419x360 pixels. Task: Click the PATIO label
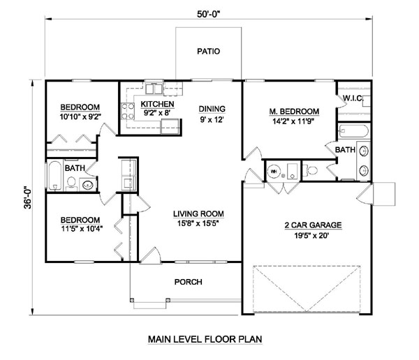click(x=209, y=51)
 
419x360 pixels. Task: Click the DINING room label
click(x=211, y=109)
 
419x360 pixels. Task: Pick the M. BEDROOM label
click(x=294, y=112)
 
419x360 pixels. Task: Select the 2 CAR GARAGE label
click(x=312, y=225)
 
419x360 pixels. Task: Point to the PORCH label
click(x=189, y=282)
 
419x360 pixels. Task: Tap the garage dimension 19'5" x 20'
click(x=312, y=237)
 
